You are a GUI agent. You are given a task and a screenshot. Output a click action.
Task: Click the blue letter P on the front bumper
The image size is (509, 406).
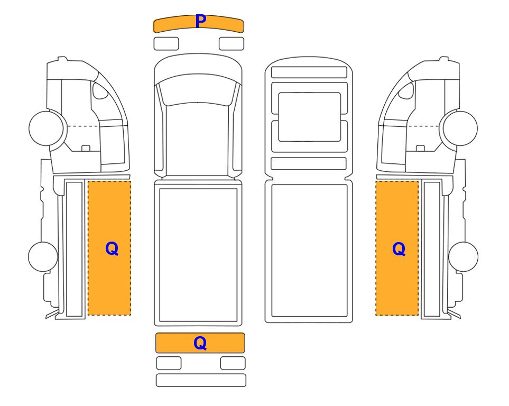click(x=201, y=22)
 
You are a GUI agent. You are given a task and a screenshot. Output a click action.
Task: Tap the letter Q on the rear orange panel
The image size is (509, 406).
click(x=200, y=343)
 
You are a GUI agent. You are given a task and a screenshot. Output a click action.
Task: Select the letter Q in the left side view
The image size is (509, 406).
click(x=112, y=249)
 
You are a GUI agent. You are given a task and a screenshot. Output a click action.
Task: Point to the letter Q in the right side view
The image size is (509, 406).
click(x=399, y=249)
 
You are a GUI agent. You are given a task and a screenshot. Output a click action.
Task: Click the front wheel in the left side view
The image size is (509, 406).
click(x=46, y=128)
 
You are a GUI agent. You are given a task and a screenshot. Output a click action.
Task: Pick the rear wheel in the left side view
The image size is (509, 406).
click(x=43, y=256)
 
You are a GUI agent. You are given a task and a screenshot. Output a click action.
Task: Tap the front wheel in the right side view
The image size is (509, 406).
click(x=460, y=128)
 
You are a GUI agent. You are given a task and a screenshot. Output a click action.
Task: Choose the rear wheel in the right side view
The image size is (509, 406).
click(x=463, y=256)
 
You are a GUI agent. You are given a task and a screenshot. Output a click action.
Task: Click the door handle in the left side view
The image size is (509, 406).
click(x=86, y=148)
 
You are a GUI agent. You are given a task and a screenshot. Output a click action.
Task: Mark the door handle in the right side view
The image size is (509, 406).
click(x=420, y=148)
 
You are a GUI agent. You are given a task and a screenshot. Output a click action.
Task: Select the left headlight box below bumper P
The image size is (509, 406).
click(x=166, y=44)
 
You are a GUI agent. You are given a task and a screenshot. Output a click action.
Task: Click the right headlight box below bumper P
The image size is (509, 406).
click(x=232, y=44)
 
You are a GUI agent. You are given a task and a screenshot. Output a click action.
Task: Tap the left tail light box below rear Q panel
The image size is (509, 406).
click(x=169, y=363)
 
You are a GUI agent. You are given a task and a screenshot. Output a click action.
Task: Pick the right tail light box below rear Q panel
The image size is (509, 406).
click(x=233, y=363)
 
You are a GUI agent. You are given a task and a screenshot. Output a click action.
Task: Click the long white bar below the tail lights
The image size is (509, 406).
click(x=201, y=380)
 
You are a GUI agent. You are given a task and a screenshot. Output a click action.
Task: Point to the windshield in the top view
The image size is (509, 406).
click(x=198, y=89)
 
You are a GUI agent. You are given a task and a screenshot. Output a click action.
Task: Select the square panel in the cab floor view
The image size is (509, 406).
click(x=309, y=117)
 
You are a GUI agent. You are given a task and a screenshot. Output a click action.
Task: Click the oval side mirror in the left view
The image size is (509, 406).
click(x=100, y=90)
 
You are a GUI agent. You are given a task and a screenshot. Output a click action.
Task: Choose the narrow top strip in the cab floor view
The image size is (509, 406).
click(x=309, y=72)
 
